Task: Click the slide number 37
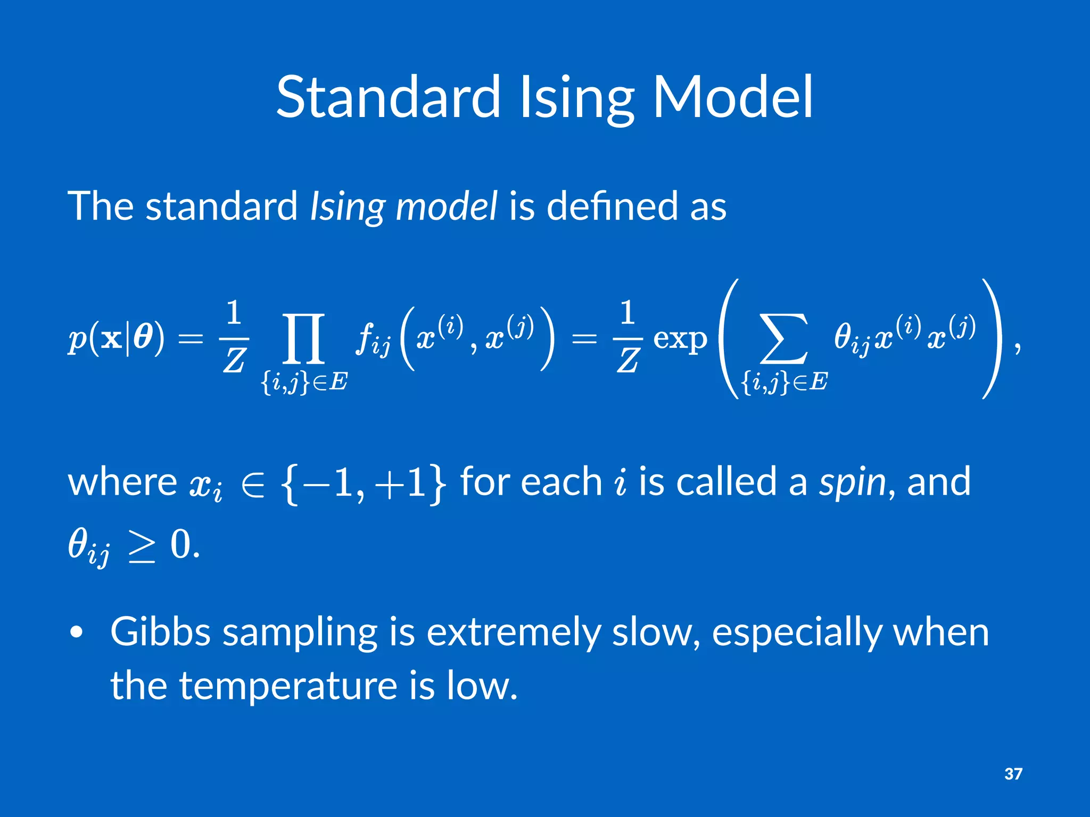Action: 1013,773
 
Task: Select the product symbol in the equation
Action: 303,338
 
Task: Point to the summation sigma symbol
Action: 783,338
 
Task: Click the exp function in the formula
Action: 680,339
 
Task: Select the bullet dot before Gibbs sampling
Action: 77,632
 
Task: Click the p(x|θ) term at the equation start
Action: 116,338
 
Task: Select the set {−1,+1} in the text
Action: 362,483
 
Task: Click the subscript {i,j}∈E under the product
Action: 304,382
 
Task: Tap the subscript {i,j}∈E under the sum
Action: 784,382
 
